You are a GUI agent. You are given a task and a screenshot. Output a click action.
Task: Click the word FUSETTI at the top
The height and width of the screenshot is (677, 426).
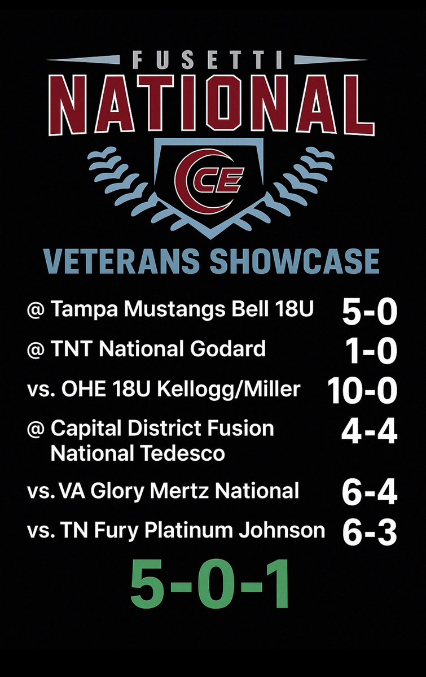(x=213, y=60)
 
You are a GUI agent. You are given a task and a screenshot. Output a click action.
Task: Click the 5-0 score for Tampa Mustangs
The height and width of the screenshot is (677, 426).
(x=370, y=312)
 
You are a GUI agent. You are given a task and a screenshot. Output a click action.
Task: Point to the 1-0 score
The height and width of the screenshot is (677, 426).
(x=373, y=352)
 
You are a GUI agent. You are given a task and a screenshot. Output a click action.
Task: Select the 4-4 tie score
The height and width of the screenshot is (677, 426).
(x=369, y=432)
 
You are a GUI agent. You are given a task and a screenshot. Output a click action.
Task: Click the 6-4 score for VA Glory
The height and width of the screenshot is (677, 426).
(x=370, y=493)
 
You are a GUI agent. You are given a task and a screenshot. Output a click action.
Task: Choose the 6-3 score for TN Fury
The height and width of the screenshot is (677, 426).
(x=370, y=532)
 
